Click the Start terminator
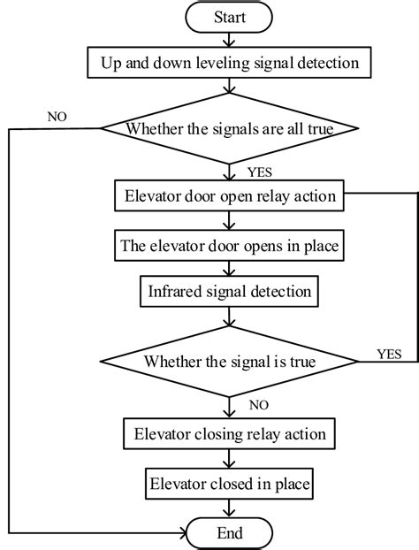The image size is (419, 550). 228,18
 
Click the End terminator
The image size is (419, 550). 228,533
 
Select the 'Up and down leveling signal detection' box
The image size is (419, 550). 228,64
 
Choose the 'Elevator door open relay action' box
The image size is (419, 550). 228,196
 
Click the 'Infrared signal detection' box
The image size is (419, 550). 228,290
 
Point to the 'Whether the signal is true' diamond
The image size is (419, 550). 228,361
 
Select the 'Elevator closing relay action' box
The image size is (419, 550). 228,434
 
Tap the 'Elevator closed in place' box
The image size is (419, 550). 228,483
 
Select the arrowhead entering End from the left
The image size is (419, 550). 181,533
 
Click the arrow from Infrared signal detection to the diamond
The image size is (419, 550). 228,316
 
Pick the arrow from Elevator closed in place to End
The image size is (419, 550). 228,508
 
